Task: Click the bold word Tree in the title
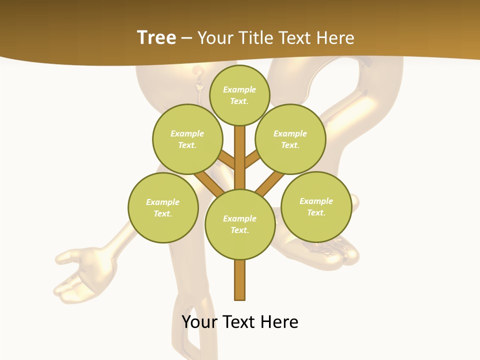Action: (156, 37)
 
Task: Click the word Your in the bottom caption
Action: (199, 322)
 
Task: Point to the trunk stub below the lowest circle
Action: (240, 280)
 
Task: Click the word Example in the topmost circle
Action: (239, 90)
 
